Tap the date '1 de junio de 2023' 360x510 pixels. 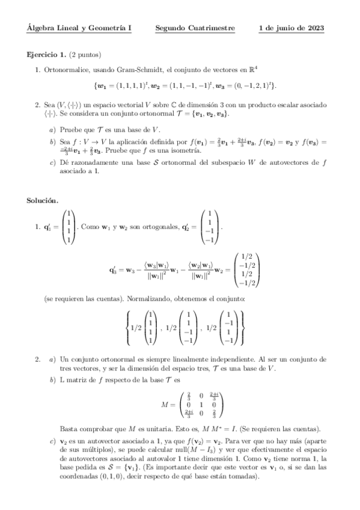coord(291,28)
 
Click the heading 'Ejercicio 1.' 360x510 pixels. coord(47,55)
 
